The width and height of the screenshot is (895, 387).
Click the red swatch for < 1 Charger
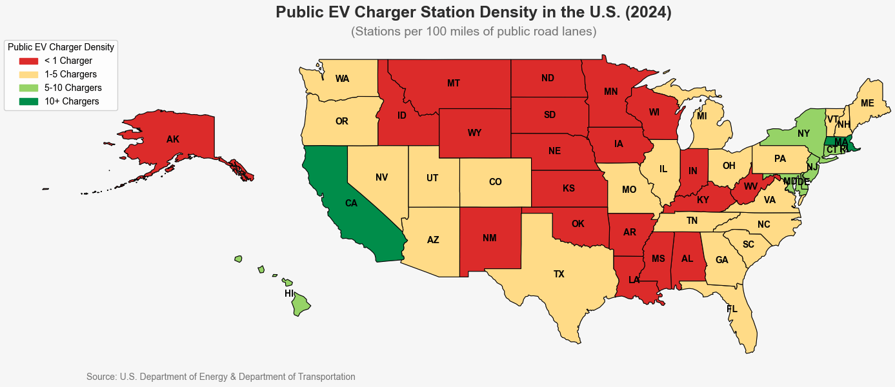point(29,61)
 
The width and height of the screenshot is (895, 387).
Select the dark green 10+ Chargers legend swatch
point(29,101)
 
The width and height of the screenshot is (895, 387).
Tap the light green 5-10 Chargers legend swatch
point(29,88)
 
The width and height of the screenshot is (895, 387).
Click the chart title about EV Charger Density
point(474,12)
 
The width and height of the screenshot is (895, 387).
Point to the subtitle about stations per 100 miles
point(474,31)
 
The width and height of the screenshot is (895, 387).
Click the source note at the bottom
point(221,377)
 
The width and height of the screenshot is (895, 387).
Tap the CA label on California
point(351,203)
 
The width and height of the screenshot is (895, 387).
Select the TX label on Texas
point(559,274)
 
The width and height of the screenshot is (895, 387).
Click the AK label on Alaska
point(173,139)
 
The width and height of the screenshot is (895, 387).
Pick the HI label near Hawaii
point(289,293)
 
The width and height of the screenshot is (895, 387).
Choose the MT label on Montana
point(454,83)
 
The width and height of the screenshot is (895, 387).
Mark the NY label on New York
point(803,134)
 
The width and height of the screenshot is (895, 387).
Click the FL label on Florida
point(732,309)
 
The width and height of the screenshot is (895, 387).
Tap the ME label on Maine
point(868,103)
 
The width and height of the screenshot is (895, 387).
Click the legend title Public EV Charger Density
point(61,47)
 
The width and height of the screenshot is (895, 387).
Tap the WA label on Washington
point(343,79)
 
